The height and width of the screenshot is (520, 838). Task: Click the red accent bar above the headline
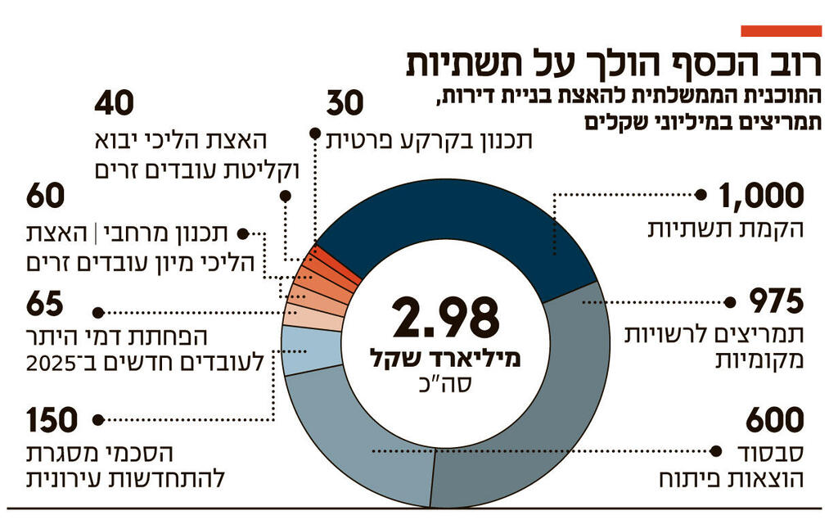pos(781,31)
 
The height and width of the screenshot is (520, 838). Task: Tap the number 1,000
pos(762,197)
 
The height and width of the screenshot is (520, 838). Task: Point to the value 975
pos(778,303)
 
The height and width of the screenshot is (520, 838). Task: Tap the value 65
pos(44,305)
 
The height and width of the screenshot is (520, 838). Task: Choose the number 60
pos(45,197)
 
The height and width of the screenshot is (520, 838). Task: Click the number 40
pos(114,105)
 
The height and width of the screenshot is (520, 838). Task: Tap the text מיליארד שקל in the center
pos(445,359)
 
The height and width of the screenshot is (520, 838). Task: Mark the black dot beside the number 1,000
pos(701,196)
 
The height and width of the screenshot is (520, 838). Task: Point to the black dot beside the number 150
pos(97,420)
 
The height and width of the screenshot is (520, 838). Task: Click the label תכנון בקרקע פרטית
pos(429,140)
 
